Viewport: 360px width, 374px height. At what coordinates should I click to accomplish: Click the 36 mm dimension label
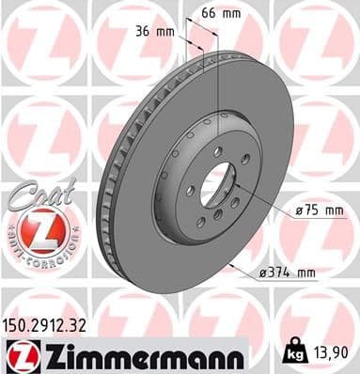(x=149, y=31)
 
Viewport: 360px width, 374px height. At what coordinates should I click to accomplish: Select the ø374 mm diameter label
(x=286, y=273)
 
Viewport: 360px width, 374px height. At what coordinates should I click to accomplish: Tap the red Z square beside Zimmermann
(x=18, y=354)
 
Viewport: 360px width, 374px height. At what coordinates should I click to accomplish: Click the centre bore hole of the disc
(x=217, y=180)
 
